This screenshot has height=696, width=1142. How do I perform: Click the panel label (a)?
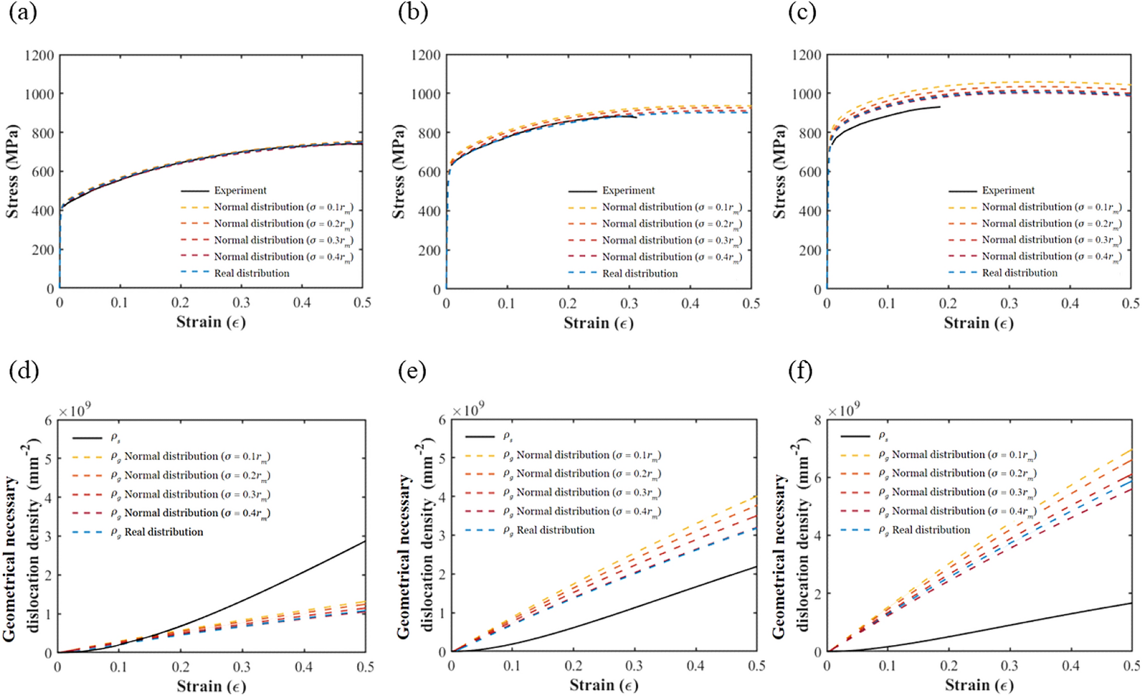pos(23,12)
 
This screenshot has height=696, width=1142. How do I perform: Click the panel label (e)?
pos(412,370)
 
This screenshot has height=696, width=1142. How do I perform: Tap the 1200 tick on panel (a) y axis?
pos(39,56)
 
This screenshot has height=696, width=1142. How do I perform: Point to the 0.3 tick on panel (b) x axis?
pos(629,304)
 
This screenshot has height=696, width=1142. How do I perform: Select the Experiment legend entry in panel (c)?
pos(1008,191)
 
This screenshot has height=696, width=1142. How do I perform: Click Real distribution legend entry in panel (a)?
pos(251,273)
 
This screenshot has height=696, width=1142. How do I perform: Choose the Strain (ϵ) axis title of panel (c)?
pos(978,323)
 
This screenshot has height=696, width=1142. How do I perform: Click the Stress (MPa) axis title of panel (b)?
pos(399,172)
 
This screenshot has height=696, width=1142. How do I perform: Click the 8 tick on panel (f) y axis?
pos(817,420)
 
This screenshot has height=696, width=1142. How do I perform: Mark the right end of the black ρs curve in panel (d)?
pos(365,541)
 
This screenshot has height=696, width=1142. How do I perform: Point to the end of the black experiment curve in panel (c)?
pos(940,106)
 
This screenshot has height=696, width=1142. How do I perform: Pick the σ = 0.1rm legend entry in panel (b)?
pos(671,207)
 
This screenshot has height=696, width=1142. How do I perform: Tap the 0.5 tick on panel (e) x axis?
pos(756,666)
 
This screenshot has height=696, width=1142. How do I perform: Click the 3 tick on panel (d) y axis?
pos(49,536)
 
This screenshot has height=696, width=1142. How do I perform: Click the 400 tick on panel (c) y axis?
pos(809,211)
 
